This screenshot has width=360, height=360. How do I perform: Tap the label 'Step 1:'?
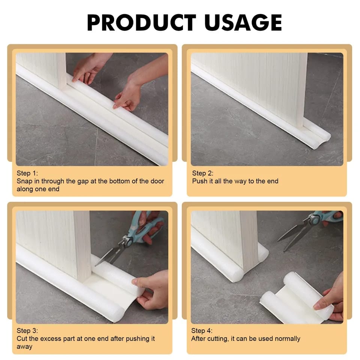[x=27, y=173]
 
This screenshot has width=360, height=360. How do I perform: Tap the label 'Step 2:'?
[x=202, y=173]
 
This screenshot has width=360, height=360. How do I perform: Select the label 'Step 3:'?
[x=27, y=331]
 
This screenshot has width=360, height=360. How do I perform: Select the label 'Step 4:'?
[x=202, y=331]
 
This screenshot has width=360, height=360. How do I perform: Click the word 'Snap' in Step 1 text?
[x=24, y=181]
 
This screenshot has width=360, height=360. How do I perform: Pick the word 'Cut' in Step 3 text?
[x=22, y=339]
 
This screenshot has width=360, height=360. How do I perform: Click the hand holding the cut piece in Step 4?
[x=332, y=300]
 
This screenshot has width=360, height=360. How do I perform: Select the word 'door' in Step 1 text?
[x=157, y=181]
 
